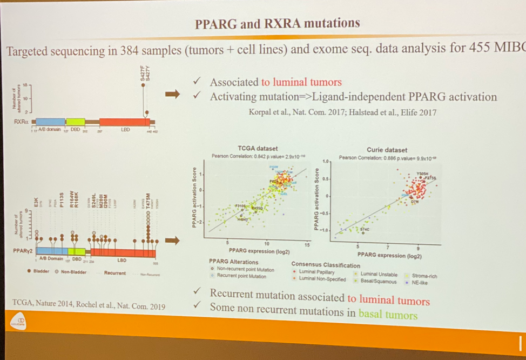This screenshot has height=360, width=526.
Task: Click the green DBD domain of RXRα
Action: [75, 122]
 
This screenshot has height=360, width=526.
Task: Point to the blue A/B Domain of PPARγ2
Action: [51, 251]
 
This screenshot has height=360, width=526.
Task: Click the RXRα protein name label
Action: [22, 122]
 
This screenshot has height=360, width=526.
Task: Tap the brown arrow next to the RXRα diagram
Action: [172, 95]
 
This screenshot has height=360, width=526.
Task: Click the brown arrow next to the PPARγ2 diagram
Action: [172, 240]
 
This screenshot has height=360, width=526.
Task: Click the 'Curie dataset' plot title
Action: [387, 150]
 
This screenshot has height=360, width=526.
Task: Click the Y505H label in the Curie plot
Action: [424, 174]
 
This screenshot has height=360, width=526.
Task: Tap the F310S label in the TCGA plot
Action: [241, 206]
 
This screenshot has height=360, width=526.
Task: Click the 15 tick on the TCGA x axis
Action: [306, 244]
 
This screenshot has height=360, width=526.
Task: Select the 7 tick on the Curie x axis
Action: [401, 246]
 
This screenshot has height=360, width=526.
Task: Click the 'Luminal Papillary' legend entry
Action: [316, 272]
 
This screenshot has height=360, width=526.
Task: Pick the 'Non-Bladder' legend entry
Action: [73, 272]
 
